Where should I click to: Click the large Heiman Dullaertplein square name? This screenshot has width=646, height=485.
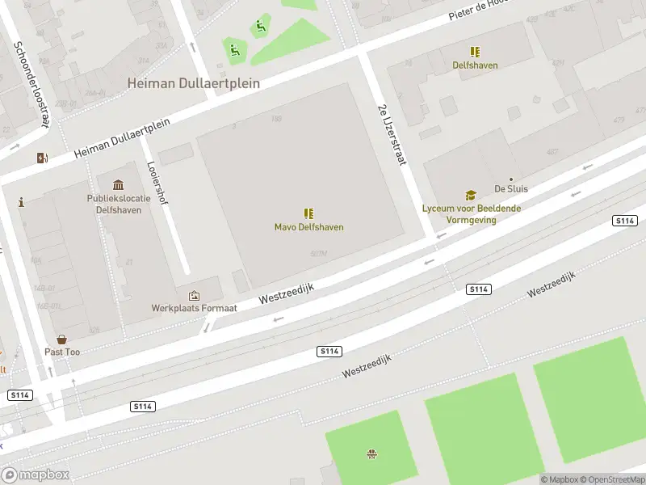[186, 83]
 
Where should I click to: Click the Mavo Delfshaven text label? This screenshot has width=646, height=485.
[308, 227]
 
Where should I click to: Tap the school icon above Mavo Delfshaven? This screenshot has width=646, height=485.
[308, 213]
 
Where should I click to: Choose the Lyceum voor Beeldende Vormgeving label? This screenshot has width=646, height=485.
[471, 213]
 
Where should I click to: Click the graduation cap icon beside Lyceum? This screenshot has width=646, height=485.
[470, 195]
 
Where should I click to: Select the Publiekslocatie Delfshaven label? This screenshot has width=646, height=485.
[119, 204]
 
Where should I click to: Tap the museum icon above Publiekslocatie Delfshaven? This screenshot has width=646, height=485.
[119, 186]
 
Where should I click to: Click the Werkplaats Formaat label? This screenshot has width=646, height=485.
[194, 308]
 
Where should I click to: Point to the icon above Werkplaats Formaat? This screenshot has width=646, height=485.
[194, 296]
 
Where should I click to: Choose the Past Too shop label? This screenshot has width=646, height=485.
[62, 352]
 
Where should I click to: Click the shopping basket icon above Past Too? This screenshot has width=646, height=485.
[61, 340]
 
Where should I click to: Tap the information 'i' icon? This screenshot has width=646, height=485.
[21, 202]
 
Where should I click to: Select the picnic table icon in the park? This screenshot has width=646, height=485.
[371, 454]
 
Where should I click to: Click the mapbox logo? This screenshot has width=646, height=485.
[34, 475]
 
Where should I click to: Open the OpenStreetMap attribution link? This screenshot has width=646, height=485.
[611, 479]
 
